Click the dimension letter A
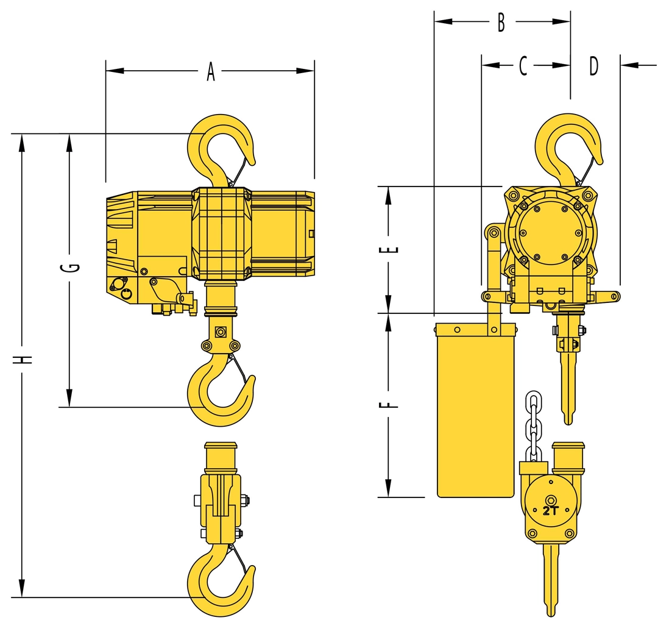coord(211,71)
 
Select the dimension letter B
coord(501,22)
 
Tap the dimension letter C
coord(523,65)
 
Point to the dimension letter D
coord(593,66)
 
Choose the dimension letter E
coord(389,249)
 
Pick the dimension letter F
coord(389,405)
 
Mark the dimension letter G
coord(74,268)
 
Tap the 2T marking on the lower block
coord(551,511)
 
